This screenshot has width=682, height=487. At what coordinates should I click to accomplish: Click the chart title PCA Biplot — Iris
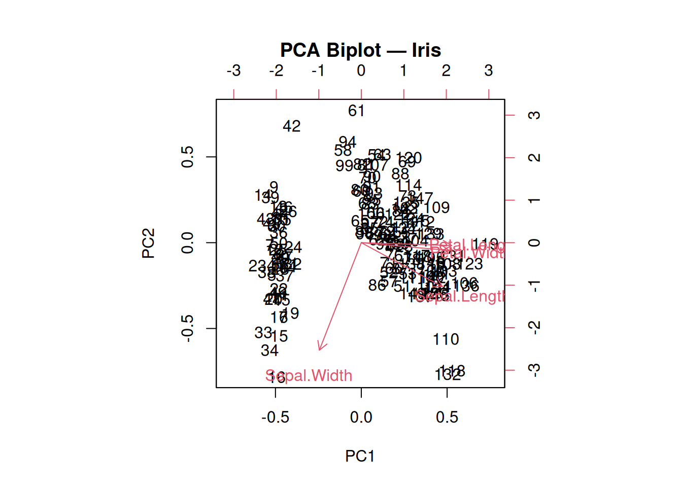pos(360,50)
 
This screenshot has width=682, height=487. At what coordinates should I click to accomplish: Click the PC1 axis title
pos(360,456)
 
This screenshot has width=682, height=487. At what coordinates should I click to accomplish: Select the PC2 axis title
pos(148,243)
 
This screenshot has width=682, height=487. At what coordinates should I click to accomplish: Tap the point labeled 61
pos(356,111)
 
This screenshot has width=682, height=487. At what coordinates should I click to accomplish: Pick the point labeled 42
pos(292,126)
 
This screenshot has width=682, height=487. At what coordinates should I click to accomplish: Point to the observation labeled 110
pos(446,339)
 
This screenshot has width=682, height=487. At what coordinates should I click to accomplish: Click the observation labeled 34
pos(269,351)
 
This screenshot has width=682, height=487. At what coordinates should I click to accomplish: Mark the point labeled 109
pos(437,207)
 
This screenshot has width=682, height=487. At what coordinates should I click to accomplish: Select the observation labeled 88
pos(400,174)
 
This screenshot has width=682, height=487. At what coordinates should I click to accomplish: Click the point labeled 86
pos(377,286)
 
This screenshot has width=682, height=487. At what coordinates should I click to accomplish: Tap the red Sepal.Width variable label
pos(309,376)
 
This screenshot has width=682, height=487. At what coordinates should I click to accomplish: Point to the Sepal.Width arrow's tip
pos(319,350)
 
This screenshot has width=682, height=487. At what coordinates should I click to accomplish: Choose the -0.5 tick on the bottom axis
pos(276,417)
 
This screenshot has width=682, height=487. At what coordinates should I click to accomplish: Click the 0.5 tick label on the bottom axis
pos(447,417)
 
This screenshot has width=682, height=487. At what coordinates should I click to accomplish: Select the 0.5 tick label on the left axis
pos(187,157)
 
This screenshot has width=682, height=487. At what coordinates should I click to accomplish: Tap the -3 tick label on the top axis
pos(233,71)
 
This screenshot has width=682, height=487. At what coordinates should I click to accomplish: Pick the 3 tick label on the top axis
pos(489,71)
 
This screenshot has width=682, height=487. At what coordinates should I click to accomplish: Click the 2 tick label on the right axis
pos(534,157)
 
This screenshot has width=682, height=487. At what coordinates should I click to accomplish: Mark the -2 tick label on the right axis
pos(534,328)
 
